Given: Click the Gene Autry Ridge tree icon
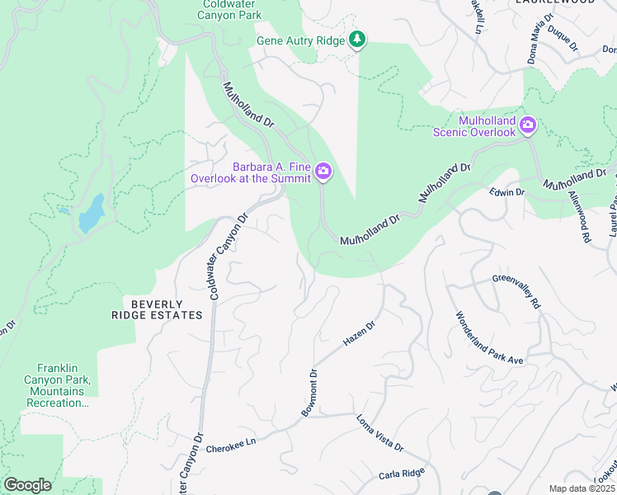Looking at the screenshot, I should click(357, 39).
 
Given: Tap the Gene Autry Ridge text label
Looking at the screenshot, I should click(299, 40).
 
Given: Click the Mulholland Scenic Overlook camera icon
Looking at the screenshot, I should click(528, 126).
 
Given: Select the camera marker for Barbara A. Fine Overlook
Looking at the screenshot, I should click(323, 172).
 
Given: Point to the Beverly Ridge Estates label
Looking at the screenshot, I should click(157, 309).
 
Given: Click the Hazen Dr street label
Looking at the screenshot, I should click(359, 334).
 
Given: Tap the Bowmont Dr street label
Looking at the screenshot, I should click(308, 393).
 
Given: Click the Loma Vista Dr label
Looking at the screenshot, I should click(379, 435).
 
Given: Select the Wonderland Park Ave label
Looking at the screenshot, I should click(490, 338).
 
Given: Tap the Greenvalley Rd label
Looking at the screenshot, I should click(516, 292).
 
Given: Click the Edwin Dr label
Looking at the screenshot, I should click(506, 192).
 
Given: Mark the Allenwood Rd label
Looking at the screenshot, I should click(580, 216).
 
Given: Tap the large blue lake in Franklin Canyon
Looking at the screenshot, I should click(91, 214).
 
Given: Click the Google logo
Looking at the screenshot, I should click(27, 485).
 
